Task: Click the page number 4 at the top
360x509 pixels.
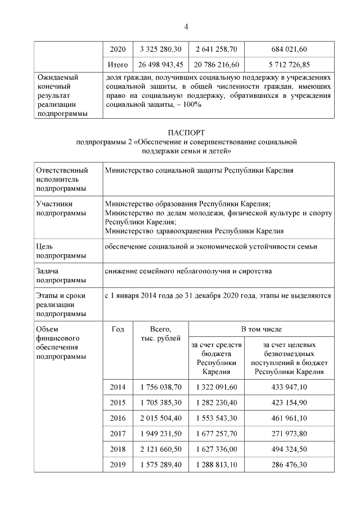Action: [186, 26]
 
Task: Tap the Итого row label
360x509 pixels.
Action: [118, 65]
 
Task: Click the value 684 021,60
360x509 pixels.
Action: [289, 49]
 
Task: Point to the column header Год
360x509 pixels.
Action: [118, 329]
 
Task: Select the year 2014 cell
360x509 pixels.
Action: [118, 387]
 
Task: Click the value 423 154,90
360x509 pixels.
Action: [289, 403]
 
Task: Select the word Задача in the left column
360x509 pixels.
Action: [48, 271]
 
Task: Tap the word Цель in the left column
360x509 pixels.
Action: [44, 247]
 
